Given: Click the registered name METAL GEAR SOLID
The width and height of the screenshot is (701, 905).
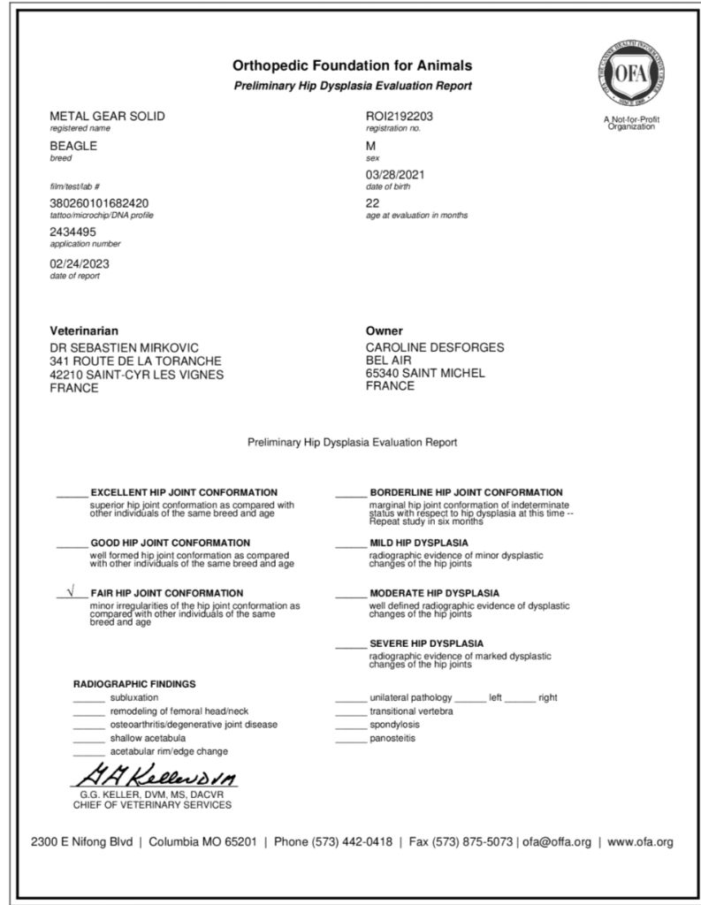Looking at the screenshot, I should point(107,117).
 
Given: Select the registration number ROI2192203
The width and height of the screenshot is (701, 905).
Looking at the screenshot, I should point(399,117).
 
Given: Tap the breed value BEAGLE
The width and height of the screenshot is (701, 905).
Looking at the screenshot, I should point(73,146).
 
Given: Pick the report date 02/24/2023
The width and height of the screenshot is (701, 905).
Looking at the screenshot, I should point(80,263).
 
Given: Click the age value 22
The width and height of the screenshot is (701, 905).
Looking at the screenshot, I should point(372,203).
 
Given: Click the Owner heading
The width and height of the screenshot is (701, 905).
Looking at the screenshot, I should point(384,331).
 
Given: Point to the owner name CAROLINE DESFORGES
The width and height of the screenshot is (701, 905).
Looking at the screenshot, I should point(435,347).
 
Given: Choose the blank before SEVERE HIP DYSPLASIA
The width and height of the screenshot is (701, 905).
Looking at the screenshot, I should point(350,644).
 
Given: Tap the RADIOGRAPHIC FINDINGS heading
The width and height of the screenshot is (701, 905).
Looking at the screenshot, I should point(134,684).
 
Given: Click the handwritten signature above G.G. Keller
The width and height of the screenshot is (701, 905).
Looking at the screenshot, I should point(155,778).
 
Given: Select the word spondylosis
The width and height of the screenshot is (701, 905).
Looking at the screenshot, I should point(395,724).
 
